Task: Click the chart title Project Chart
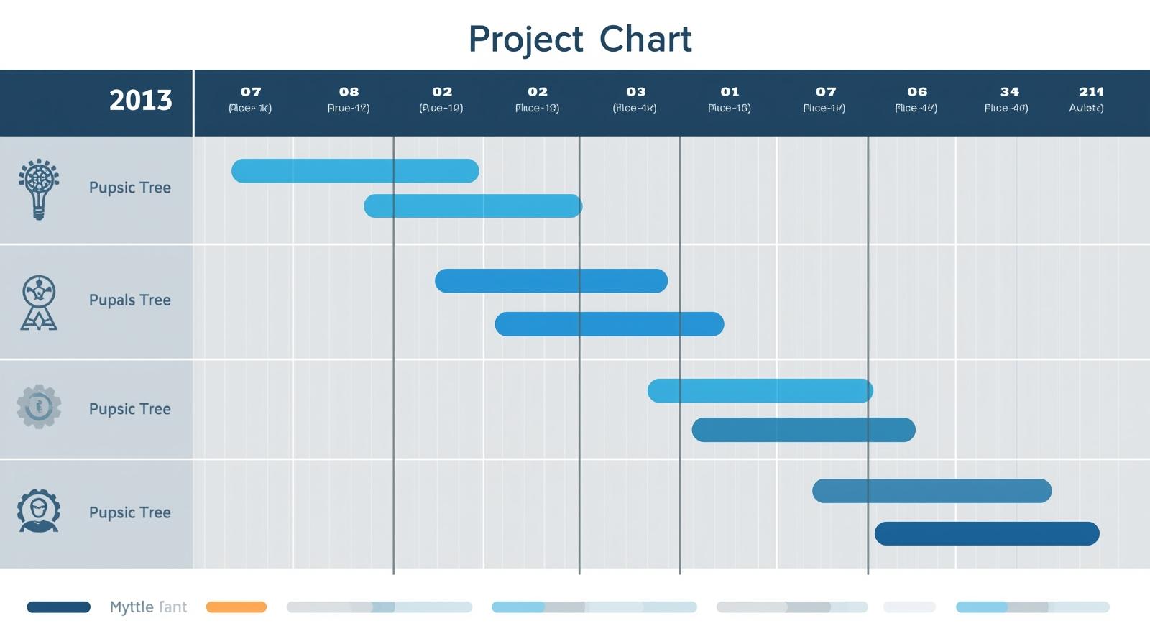[579, 39]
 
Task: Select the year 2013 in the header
[140, 100]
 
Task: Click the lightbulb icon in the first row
[39, 188]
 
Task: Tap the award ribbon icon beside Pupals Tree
[39, 302]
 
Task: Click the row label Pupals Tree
[129, 300]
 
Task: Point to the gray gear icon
[39, 407]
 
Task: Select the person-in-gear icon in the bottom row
[39, 511]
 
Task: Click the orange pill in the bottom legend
[236, 607]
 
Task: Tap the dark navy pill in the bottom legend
[58, 607]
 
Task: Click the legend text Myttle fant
[148, 607]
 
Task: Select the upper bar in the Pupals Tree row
[551, 281]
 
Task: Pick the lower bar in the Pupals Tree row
[609, 324]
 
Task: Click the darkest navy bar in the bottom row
[986, 533]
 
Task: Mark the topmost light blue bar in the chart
[355, 171]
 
